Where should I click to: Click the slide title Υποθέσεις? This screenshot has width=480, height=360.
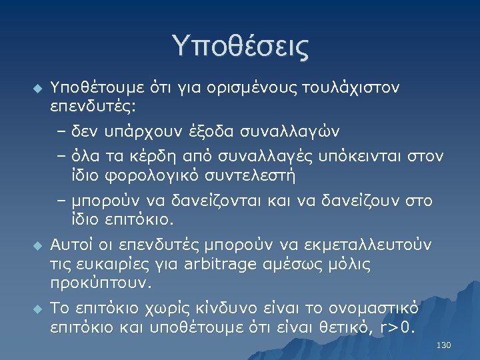[x=240, y=47]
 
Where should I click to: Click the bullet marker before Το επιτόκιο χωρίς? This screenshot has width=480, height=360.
[x=37, y=309]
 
